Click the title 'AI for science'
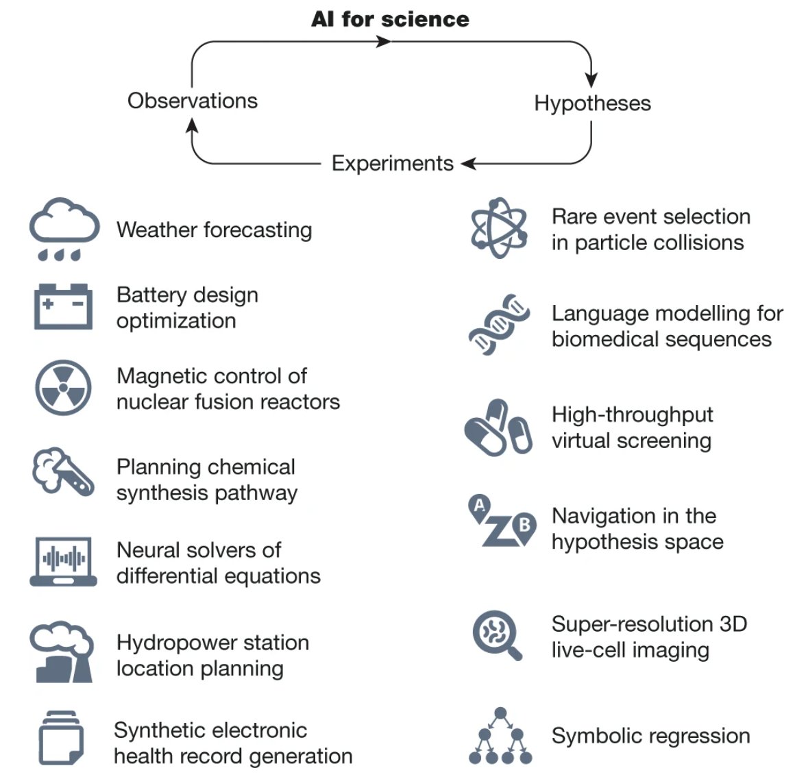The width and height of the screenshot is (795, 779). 390,18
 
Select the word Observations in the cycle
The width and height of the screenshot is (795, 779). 193,101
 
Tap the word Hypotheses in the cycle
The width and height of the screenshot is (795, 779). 592,103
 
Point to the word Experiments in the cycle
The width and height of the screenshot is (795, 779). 392,163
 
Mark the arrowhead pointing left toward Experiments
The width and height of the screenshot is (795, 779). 469,164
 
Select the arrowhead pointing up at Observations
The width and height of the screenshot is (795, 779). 193,125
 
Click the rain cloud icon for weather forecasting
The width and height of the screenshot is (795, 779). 64,229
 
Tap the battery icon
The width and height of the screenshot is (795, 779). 63,306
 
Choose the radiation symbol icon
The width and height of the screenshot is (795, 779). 63,388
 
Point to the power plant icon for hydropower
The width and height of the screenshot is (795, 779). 62,652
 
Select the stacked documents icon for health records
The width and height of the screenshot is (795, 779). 61,738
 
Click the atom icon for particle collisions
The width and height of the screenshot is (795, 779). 499,228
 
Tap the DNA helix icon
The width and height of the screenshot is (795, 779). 500,325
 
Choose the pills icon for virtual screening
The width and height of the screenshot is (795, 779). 498,428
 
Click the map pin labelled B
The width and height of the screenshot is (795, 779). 524,526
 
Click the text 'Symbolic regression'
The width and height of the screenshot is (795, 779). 650,736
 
